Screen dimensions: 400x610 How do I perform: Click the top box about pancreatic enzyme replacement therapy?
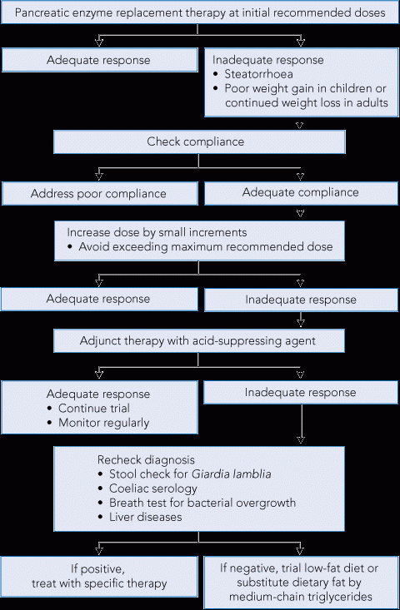click(200, 12)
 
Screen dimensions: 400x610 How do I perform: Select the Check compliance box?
click(199, 141)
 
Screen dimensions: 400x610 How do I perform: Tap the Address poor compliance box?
click(100, 193)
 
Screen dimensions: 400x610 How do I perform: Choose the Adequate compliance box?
click(301, 192)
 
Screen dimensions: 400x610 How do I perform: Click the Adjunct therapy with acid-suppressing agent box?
click(198, 341)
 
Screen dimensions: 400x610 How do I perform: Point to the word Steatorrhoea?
click(258, 74)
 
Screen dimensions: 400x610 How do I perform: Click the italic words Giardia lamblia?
click(232, 474)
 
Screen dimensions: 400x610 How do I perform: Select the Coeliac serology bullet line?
click(148, 488)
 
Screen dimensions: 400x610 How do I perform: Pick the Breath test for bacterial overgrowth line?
click(197, 503)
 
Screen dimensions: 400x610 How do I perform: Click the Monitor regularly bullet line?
click(98, 423)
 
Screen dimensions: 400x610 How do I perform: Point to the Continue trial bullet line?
click(89, 408)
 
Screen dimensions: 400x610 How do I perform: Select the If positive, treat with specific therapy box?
click(99, 577)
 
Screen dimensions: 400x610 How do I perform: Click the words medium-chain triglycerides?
click(300, 597)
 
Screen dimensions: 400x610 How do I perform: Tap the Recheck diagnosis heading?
click(146, 460)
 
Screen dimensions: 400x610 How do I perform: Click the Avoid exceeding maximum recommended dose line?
click(200, 246)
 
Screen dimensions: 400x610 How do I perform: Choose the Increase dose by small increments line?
click(157, 232)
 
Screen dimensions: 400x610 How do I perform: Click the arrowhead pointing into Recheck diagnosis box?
click(301, 439)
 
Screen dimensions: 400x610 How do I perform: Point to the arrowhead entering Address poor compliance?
click(99, 176)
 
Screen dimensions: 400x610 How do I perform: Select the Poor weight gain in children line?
click(305, 88)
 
